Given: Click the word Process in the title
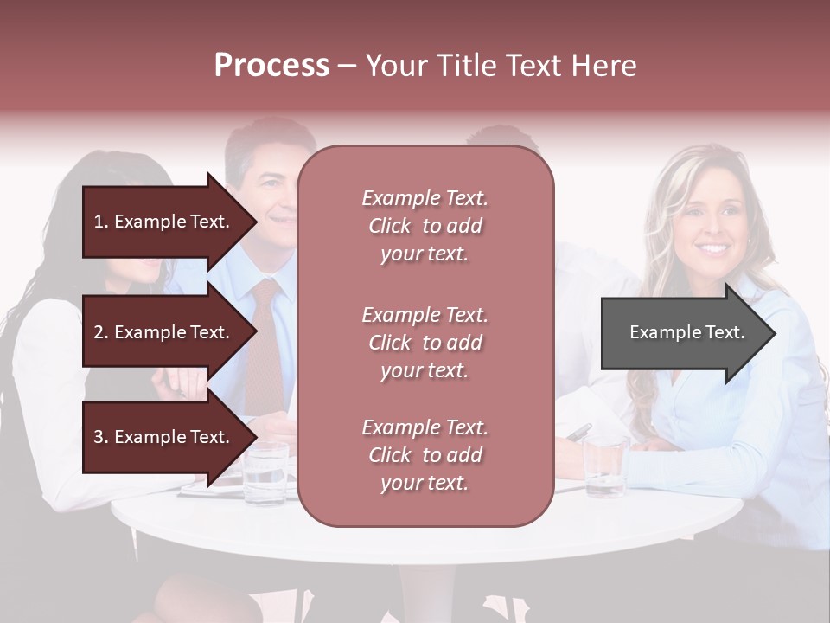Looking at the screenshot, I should click(x=271, y=66).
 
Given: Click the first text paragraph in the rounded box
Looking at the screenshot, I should click(x=425, y=226).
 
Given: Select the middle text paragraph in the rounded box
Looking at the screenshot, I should click(x=425, y=343).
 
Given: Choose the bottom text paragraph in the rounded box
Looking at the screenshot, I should click(x=425, y=455).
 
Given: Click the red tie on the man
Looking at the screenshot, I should click(x=264, y=346).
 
